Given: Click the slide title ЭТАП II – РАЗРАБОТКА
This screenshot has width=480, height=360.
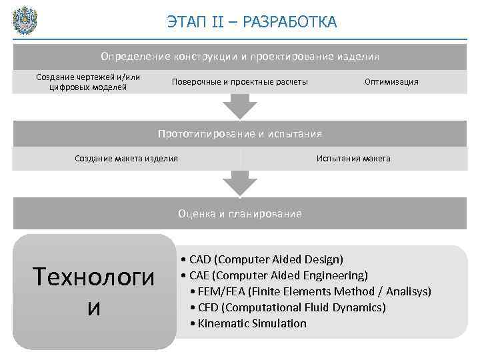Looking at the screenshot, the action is click(252, 23).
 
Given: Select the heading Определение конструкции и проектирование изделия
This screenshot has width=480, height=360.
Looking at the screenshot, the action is click(240, 57).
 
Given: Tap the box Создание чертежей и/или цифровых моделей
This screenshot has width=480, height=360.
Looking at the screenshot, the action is click(88, 81).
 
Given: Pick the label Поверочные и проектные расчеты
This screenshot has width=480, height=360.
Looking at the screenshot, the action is click(240, 81).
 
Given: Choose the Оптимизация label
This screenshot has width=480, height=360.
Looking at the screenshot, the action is click(391, 81).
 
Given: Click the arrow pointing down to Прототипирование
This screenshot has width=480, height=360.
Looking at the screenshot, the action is click(239, 105).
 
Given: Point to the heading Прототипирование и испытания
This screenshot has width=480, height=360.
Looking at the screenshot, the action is click(240, 134).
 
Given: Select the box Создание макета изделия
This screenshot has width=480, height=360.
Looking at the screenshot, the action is click(126, 159).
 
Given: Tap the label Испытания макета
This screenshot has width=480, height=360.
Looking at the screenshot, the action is click(353, 159).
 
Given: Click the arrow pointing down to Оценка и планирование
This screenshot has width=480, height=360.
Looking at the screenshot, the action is click(239, 183).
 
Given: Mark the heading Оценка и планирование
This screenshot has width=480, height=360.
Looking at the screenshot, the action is click(240, 214).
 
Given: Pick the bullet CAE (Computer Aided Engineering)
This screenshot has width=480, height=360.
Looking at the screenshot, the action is click(273, 275).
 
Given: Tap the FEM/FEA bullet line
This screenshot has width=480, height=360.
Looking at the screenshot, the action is click(310, 291).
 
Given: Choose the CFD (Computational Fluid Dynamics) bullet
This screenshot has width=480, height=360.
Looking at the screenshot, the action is click(287, 307).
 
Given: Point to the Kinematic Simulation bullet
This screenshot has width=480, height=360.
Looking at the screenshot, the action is click(248, 323).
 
